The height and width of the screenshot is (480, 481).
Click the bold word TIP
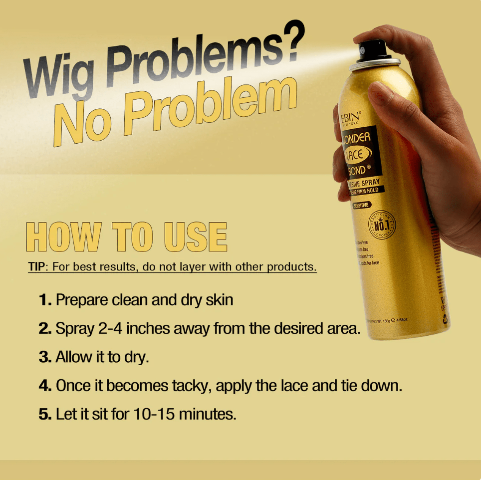36,266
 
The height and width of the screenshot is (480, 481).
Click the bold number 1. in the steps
45,300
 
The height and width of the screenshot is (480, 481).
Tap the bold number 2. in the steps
46,329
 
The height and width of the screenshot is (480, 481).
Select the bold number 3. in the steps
46,357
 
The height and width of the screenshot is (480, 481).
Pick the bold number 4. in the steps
46,386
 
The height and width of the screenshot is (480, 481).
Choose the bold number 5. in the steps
45,414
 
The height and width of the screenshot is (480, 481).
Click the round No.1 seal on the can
382,225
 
